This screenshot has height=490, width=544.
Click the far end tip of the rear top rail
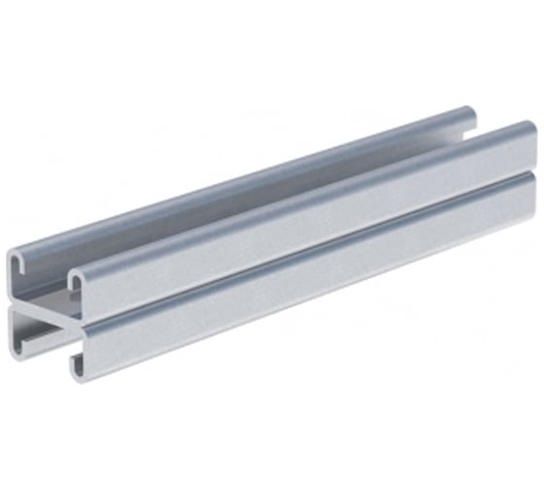469,113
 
